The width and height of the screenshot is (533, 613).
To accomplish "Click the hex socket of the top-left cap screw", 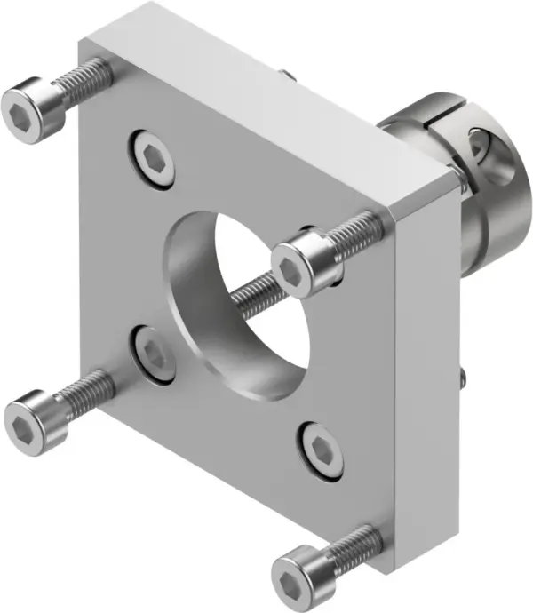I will click(x=23, y=110).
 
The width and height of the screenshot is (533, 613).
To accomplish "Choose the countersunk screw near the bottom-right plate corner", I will click(x=322, y=451).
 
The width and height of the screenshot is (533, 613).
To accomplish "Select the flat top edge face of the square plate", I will click(x=266, y=98).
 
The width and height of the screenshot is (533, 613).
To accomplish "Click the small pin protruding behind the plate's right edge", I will click(x=465, y=378).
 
